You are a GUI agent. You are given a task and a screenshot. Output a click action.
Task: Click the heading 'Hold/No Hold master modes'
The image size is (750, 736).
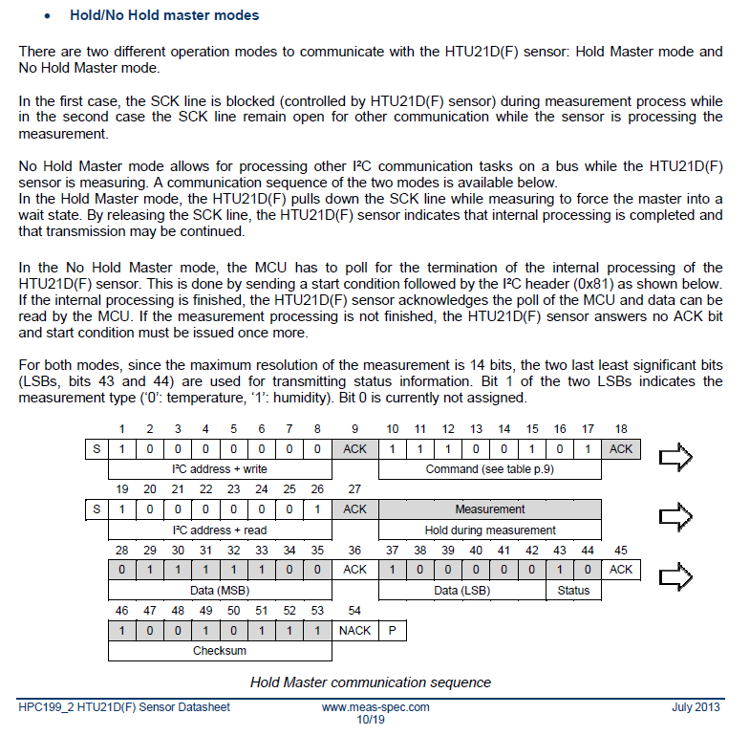pyautogui.click(x=164, y=15)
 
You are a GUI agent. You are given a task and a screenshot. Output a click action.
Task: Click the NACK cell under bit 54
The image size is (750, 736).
pyautogui.click(x=354, y=630)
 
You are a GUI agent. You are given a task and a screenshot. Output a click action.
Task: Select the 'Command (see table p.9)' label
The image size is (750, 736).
pyautogui.click(x=489, y=469)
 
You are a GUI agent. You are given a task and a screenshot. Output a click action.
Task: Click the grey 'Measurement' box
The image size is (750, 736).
pyautogui.click(x=489, y=509)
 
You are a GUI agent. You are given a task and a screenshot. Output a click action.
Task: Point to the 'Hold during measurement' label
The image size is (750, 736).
pyautogui.click(x=489, y=530)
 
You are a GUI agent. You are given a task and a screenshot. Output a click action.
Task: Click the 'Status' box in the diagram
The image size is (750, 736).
pyautogui.click(x=573, y=591)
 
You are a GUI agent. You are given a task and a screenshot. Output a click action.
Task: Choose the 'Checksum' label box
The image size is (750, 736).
pyautogui.click(x=220, y=651)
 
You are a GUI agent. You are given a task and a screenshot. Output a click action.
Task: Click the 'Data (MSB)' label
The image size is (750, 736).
pyautogui.click(x=220, y=591)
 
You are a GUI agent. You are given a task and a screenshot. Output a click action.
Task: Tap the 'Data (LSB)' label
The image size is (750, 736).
pyautogui.click(x=461, y=591)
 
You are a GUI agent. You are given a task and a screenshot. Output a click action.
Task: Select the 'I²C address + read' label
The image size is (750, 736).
pyautogui.click(x=220, y=530)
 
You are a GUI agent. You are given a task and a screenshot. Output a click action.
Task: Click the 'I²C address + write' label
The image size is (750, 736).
pyautogui.click(x=220, y=469)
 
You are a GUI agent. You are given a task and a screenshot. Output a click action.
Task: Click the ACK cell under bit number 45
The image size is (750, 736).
pyautogui.click(x=621, y=570)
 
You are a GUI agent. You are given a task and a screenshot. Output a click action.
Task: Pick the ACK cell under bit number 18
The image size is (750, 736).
pyautogui.click(x=621, y=449)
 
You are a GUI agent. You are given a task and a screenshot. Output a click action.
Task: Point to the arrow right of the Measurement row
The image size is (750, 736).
pyautogui.click(x=675, y=516)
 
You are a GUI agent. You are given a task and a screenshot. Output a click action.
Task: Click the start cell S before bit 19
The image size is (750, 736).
pyautogui.click(x=96, y=509)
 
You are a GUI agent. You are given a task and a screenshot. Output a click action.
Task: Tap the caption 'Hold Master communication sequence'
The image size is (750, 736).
pyautogui.click(x=371, y=682)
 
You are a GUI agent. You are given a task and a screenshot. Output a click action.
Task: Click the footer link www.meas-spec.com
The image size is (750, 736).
pyautogui.click(x=375, y=707)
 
